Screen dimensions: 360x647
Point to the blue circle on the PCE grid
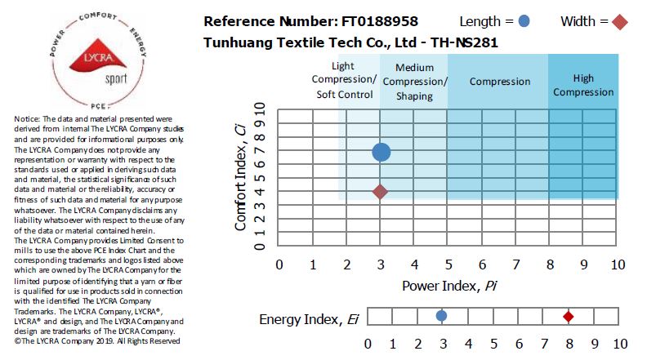pyautogui.click(x=381, y=152)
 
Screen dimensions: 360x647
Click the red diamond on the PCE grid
pyautogui.click(x=380, y=192)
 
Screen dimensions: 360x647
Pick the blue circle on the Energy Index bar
pyautogui.click(x=441, y=316)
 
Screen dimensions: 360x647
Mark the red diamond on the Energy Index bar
pyautogui.click(x=569, y=316)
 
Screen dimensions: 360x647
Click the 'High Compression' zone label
pyautogui.click(x=582, y=86)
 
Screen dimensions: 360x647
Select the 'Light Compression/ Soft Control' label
pyautogui.click(x=344, y=80)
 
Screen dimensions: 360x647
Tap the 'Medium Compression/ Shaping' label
pyautogui.click(x=415, y=82)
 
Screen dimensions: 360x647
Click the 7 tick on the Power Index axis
pyautogui.click(x=515, y=264)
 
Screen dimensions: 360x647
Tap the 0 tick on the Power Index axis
pyautogui.click(x=279, y=264)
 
